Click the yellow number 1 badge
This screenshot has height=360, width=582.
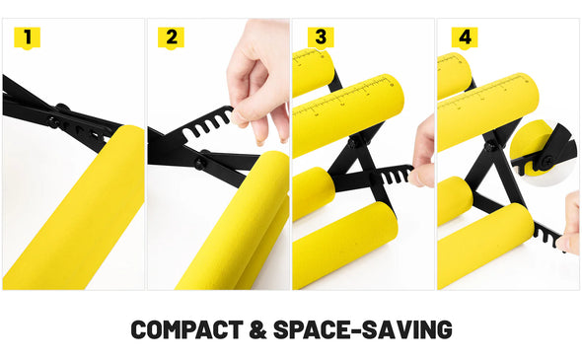pos(27,37)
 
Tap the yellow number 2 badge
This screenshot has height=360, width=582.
pos(171,37)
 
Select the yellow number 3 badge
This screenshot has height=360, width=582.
pos(321,37)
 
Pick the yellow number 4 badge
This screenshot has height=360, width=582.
pos(465,37)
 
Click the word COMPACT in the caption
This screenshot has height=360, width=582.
pos(187,329)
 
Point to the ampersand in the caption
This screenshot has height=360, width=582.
pos(258,329)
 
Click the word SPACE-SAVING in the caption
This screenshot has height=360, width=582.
pos(363,329)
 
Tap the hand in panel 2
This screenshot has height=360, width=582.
pos(259,78)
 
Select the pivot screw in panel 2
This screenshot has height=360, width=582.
pos(199,162)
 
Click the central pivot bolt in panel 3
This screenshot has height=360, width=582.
pos(353,142)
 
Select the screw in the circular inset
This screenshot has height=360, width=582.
pos(546,161)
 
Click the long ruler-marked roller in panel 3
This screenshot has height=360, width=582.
pos(348,113)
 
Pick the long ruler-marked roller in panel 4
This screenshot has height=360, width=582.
pos(488,110)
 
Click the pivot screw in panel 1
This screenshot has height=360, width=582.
pos(52,120)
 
